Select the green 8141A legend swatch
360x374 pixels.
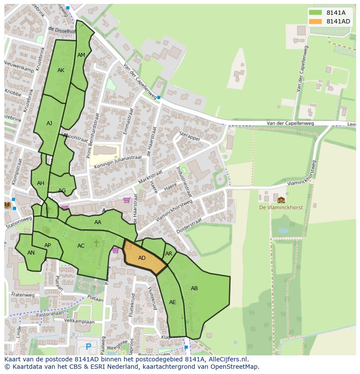[316, 13]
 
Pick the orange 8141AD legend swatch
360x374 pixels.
[316, 21]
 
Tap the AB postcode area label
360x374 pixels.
[194, 288]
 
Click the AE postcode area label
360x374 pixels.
[173, 302]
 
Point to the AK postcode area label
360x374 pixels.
[61, 70]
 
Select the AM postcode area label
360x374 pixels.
[81, 55]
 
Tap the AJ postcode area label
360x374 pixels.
[49, 123]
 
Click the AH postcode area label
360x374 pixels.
[40, 183]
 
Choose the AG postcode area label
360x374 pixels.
[62, 191]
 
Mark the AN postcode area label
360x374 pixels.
[31, 253]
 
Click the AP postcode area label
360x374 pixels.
[48, 245]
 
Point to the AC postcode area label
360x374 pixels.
[81, 246]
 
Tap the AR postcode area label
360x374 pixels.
[169, 254]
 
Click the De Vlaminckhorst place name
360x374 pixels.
[280, 208]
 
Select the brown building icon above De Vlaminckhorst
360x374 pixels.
[281, 200]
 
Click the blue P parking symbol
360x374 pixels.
[89, 347]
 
